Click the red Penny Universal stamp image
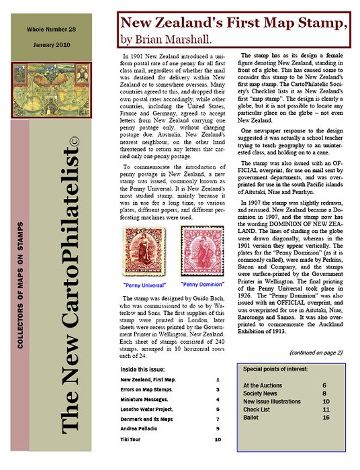[138, 252]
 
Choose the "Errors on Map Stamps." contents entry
[146, 389]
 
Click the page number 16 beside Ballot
[326, 417]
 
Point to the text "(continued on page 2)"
[316, 352]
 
